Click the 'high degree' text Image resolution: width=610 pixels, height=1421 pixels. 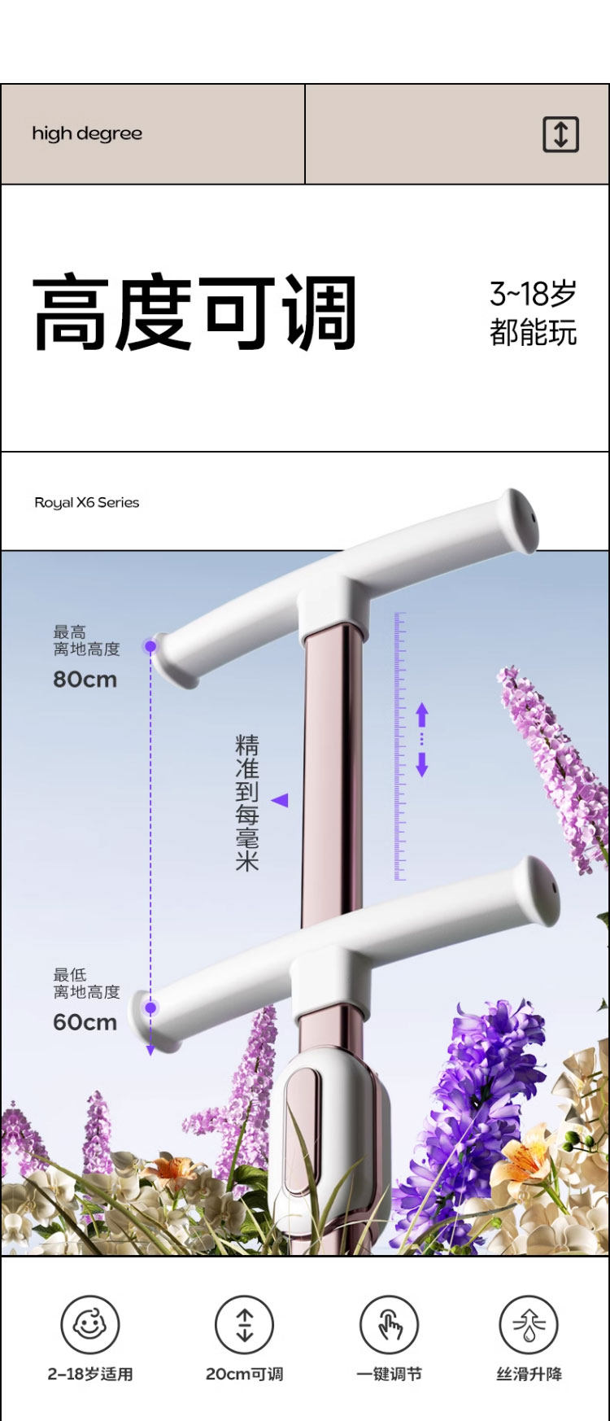coord(87,134)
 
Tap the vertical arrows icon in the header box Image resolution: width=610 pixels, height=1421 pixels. coord(560,134)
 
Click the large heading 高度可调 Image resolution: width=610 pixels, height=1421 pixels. coord(195,313)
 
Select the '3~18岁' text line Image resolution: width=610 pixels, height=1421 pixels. coord(533,294)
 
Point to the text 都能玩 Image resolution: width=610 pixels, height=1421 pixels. coord(533,333)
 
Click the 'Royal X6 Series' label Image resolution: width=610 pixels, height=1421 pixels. coord(86,503)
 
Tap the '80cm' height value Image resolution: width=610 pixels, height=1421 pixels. coord(85,680)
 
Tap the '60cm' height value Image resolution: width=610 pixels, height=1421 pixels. coord(85,1022)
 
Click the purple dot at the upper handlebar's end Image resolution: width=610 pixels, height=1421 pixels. coord(150,646)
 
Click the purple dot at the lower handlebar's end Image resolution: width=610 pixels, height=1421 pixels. coord(150,1008)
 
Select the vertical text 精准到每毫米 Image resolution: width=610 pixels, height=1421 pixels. coord(246,802)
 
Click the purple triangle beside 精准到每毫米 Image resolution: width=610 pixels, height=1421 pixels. coord(280,801)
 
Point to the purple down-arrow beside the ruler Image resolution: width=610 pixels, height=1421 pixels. coord(421,765)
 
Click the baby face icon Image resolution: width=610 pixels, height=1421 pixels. coord(89,1325)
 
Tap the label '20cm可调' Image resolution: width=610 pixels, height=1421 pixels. coord(244,1375)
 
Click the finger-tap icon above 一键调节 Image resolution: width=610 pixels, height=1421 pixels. coord(390,1325)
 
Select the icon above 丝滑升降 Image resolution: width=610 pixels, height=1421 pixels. coord(529,1325)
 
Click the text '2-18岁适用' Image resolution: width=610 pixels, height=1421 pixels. coord(89,1375)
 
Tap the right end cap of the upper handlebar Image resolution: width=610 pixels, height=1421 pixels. coord(521,521)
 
